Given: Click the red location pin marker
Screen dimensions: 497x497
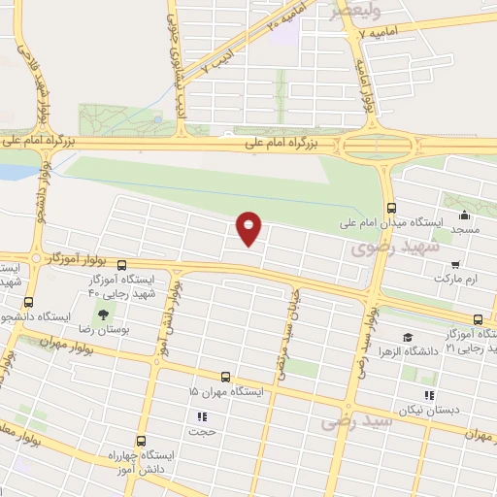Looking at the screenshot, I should [x=249, y=227].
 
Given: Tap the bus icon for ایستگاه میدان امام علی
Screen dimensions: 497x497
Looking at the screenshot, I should [x=391, y=207].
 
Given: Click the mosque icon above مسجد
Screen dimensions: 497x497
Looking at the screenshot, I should [x=464, y=215].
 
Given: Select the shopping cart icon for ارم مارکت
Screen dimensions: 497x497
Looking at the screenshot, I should [x=455, y=262].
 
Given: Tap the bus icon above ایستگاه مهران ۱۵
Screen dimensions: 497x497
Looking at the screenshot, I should [x=225, y=376].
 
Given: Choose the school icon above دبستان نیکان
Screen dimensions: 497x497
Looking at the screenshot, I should [x=428, y=395].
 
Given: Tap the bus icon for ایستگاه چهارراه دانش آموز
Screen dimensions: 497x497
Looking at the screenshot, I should [x=141, y=440].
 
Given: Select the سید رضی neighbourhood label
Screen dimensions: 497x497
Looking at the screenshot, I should [x=358, y=422].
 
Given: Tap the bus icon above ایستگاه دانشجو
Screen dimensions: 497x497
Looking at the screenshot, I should [x=28, y=302].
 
